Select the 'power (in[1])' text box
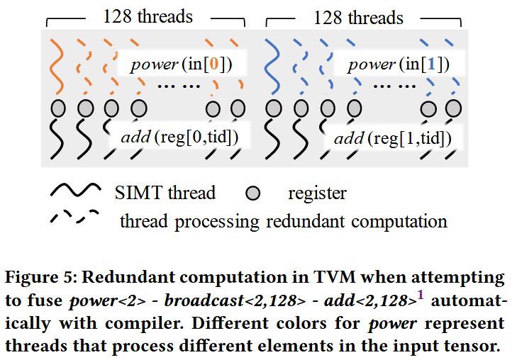399,64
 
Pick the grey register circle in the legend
254,193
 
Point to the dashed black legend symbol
74,218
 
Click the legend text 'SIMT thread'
165,193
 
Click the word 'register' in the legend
317,193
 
